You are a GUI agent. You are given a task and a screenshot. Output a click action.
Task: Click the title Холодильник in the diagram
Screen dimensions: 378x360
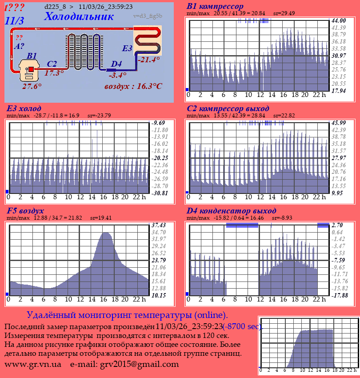click(x=79, y=16)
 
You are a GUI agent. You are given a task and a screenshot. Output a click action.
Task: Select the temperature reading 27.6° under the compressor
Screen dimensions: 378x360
click(x=32, y=86)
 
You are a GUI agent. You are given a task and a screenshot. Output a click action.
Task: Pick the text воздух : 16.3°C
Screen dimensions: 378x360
click(x=133, y=86)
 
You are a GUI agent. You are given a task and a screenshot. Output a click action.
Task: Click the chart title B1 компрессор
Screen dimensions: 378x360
click(x=215, y=6)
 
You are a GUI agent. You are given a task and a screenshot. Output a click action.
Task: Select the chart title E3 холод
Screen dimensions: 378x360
click(x=24, y=109)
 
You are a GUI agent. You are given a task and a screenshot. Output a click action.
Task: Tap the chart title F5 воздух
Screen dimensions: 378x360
click(x=25, y=210)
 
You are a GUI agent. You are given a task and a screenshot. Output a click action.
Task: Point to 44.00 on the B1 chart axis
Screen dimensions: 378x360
click(x=339, y=20)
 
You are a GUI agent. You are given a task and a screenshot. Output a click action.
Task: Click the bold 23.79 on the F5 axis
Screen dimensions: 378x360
click(x=158, y=260)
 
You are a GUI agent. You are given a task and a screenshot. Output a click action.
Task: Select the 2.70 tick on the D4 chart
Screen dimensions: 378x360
click(x=337, y=225)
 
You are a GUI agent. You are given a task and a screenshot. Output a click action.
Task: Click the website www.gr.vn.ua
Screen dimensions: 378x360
click(x=33, y=364)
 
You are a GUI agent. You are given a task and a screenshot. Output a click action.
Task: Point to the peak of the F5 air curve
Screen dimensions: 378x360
click(x=106, y=233)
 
